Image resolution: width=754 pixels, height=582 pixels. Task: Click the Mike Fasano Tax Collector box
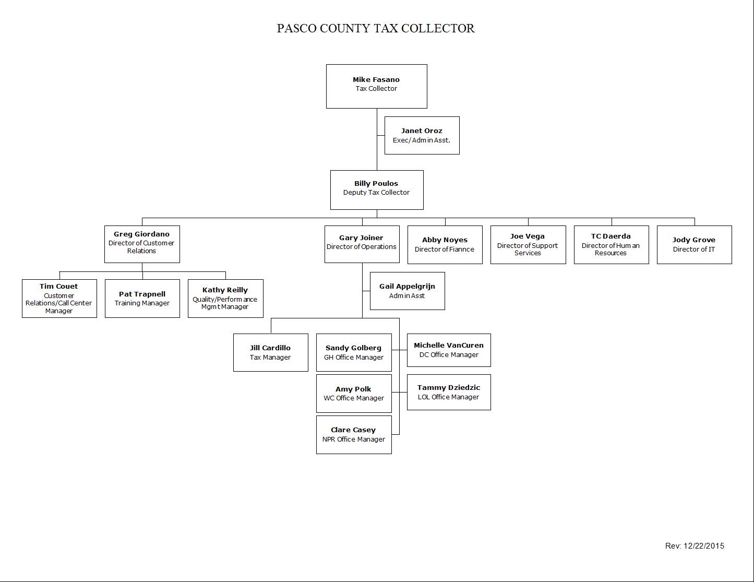point(377,87)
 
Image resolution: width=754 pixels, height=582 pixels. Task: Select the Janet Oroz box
point(422,135)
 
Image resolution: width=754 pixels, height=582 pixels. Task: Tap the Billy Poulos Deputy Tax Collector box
point(377,190)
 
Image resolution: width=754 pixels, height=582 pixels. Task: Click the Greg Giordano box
point(142,244)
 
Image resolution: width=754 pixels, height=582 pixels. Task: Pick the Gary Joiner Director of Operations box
point(362,244)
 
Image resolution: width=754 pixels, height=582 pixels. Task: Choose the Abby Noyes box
point(445,245)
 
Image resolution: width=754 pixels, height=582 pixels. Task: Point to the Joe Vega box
point(528,245)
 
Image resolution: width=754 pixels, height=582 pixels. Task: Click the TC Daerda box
point(612,245)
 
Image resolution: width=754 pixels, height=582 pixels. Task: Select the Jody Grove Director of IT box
point(695,245)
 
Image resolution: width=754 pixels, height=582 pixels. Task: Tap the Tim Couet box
point(59,299)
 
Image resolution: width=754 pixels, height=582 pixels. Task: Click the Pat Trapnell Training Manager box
point(142,299)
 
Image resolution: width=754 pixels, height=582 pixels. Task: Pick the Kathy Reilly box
point(225,299)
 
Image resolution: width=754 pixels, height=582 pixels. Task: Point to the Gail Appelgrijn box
point(408,291)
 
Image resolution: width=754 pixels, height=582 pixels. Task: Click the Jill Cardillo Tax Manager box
point(271,353)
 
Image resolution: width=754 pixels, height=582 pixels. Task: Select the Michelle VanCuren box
point(449,350)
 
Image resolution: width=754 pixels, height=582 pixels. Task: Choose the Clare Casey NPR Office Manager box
point(354,435)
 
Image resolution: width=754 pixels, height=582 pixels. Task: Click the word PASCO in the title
point(297,29)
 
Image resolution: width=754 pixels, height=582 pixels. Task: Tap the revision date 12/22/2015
point(704,546)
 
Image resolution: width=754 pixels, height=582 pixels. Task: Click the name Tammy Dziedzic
point(449,388)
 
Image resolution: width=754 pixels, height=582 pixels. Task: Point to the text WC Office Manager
point(354,398)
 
